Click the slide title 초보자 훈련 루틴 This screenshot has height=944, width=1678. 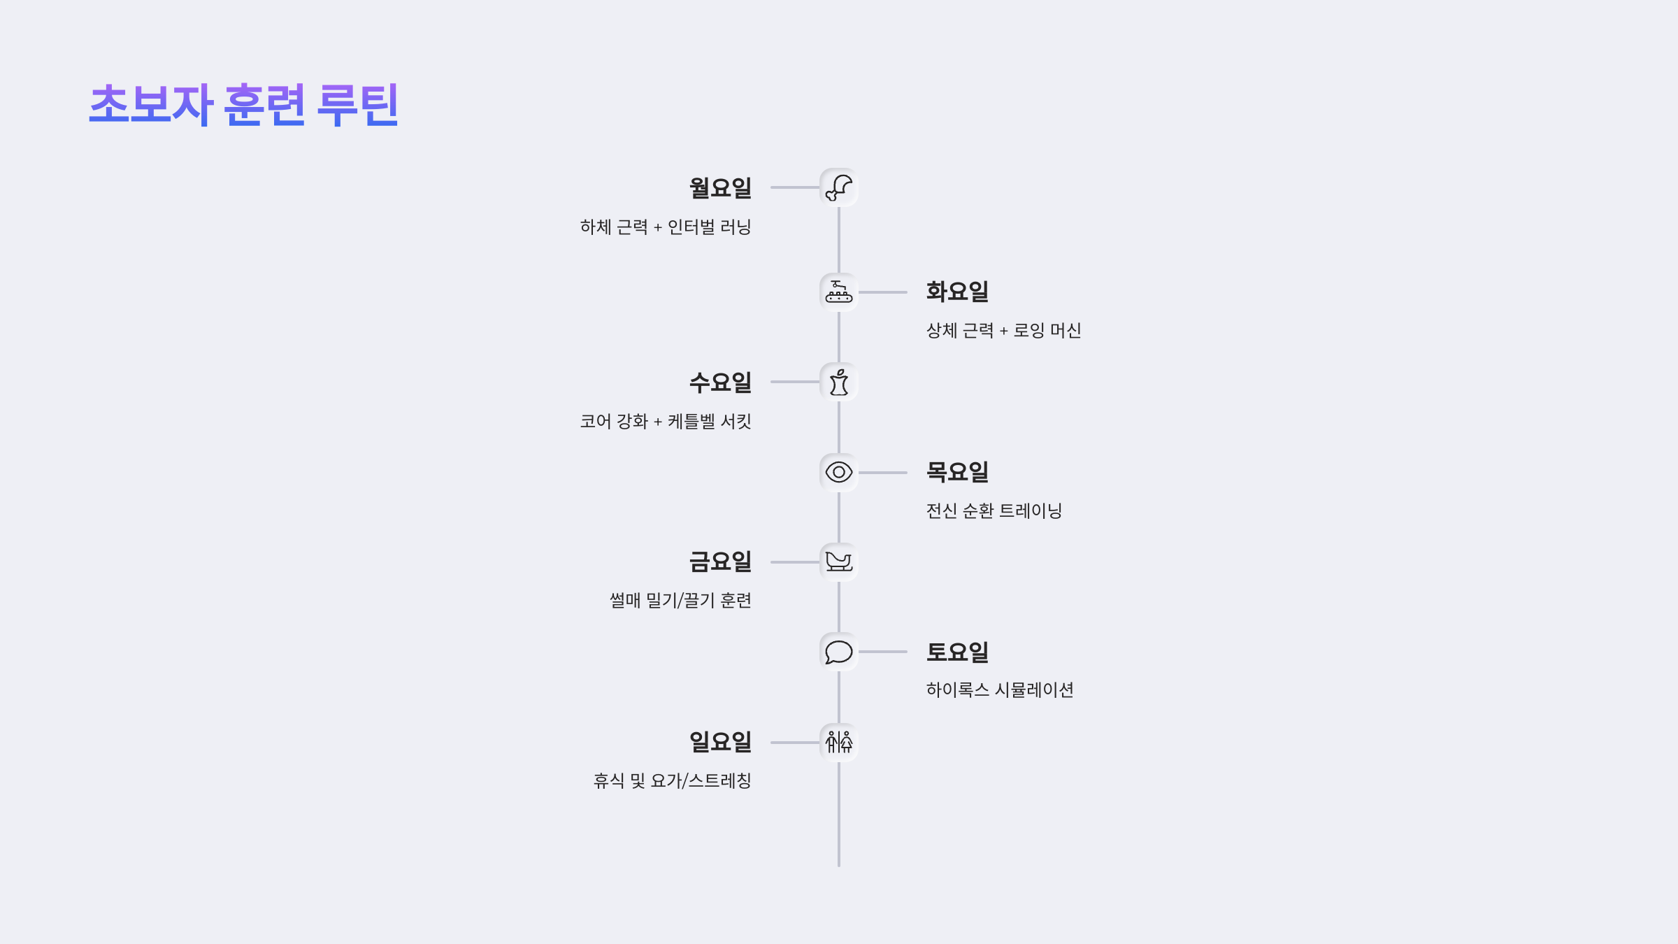pos(243,105)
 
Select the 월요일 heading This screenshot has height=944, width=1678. pos(720,188)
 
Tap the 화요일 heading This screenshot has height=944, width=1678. pos(957,292)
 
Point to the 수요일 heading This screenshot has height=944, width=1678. pos(720,382)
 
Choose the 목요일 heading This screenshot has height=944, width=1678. pos(957,472)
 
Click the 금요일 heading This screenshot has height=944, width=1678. pos(720,562)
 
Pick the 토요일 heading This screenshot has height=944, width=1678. pos(957,652)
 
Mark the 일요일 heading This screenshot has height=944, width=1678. pos(720,742)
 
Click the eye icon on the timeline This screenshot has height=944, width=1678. pos(839,473)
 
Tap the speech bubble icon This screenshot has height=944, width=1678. pos(839,652)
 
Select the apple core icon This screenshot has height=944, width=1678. pos(839,382)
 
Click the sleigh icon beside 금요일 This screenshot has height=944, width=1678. pos(839,562)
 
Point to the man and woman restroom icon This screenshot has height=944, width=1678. pos(839,742)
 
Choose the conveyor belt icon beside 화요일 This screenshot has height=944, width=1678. pos(839,292)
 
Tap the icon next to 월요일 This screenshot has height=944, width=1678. pos(839,187)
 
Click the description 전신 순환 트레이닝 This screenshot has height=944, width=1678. pos(994,511)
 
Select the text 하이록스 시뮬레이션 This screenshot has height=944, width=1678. pos(1000,690)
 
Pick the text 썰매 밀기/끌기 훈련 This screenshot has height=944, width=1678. pos(680,601)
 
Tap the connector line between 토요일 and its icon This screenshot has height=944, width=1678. pos(882,652)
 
